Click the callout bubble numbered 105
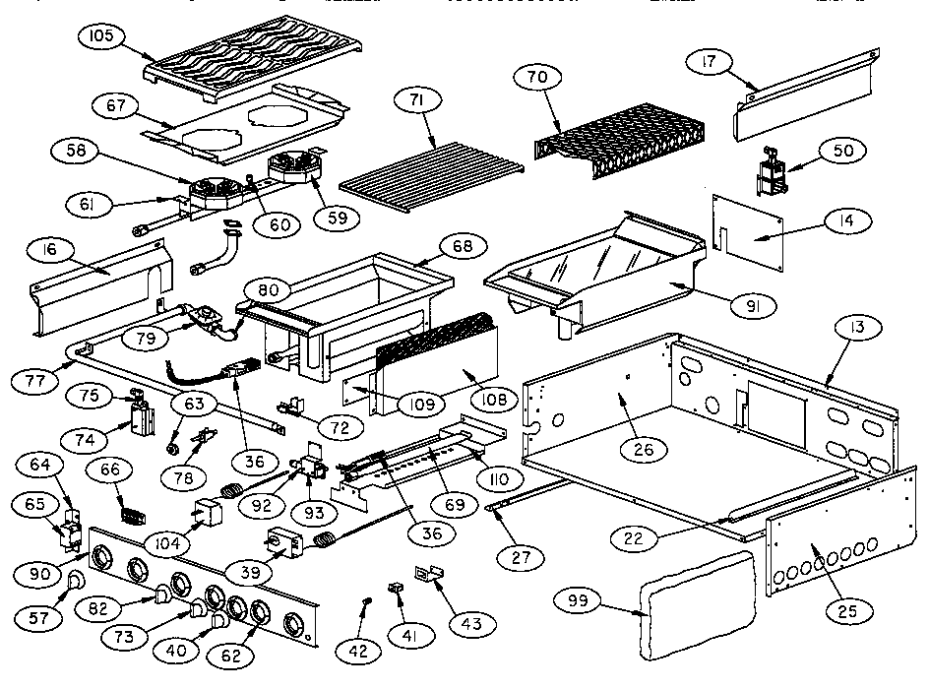pos(100,36)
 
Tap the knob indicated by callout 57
pos(73,591)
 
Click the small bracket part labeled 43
pos(425,574)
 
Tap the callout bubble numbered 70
pos(545,77)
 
